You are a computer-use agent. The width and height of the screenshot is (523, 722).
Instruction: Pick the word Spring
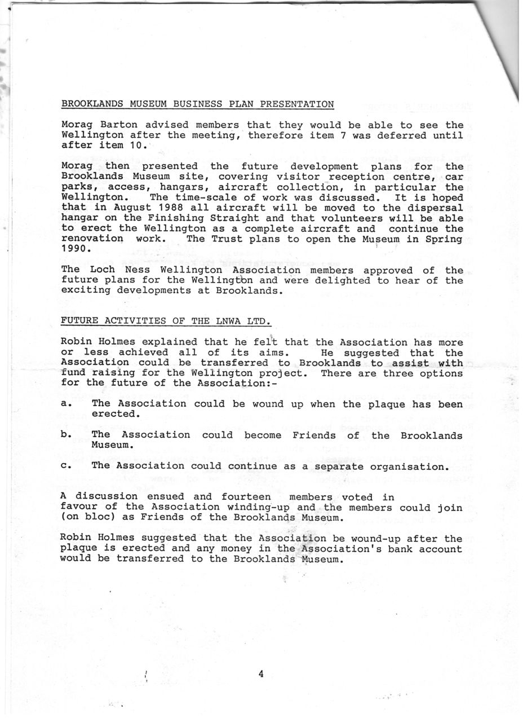[x=445, y=239]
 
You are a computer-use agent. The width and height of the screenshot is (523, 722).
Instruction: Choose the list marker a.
[x=65, y=404]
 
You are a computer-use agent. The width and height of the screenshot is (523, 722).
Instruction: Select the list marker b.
[x=65, y=435]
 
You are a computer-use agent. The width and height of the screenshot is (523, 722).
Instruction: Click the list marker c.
[x=65, y=466]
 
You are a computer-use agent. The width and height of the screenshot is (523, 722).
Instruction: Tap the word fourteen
[x=246, y=497]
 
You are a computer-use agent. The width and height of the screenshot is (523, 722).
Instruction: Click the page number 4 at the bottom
[x=261, y=673]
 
